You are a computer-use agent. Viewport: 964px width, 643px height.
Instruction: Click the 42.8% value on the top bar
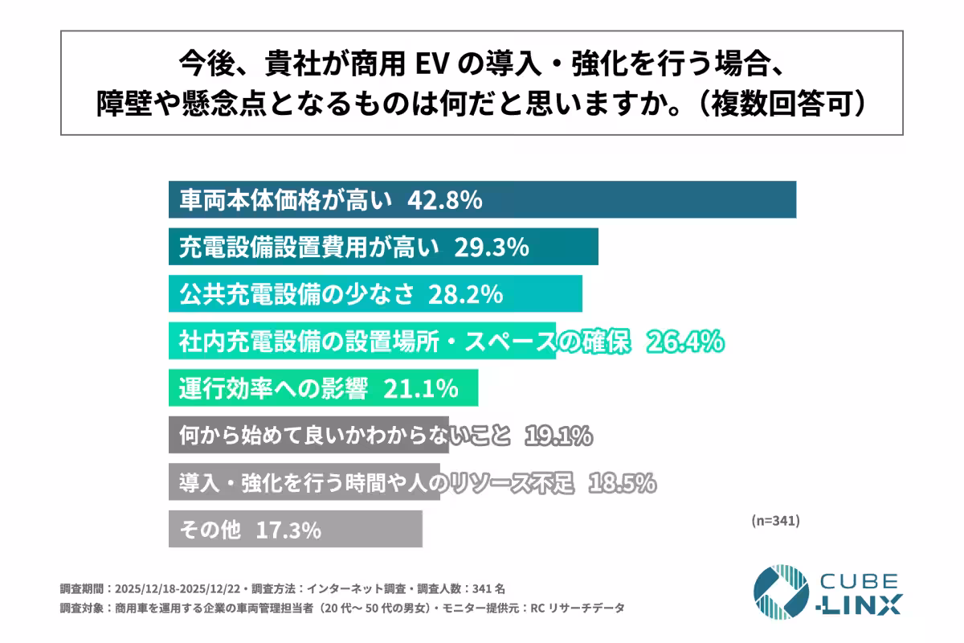[x=445, y=200]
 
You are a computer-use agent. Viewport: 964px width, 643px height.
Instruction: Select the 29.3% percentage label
[x=491, y=248]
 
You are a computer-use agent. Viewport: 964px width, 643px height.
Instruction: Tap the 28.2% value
[x=465, y=294]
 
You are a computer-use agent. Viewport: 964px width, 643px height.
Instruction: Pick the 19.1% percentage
[x=558, y=436]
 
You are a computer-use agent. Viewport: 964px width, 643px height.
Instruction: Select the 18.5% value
[x=623, y=484]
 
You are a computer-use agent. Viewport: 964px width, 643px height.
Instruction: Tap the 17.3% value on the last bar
[x=288, y=530]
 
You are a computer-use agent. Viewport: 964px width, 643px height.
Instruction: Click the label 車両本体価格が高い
[x=286, y=200]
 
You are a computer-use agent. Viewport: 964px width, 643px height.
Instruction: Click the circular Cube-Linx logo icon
[x=781, y=592]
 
